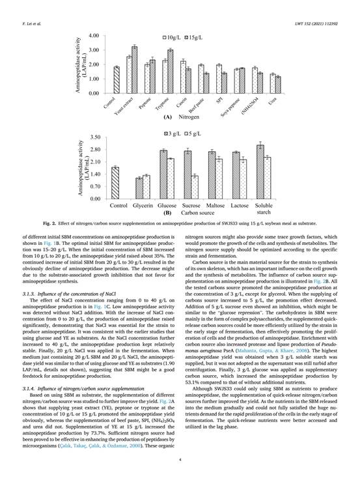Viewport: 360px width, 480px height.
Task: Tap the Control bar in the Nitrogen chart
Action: pyautogui.click(x=117, y=79)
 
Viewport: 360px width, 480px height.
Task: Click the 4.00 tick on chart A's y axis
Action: pyautogui.click(x=94, y=36)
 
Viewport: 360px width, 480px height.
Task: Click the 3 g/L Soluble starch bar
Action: pyautogui.click(x=260, y=172)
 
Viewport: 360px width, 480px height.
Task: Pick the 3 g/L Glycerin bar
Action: pyautogui.click(x=139, y=188)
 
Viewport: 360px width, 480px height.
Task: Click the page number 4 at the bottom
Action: pyautogui.click(x=180, y=460)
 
